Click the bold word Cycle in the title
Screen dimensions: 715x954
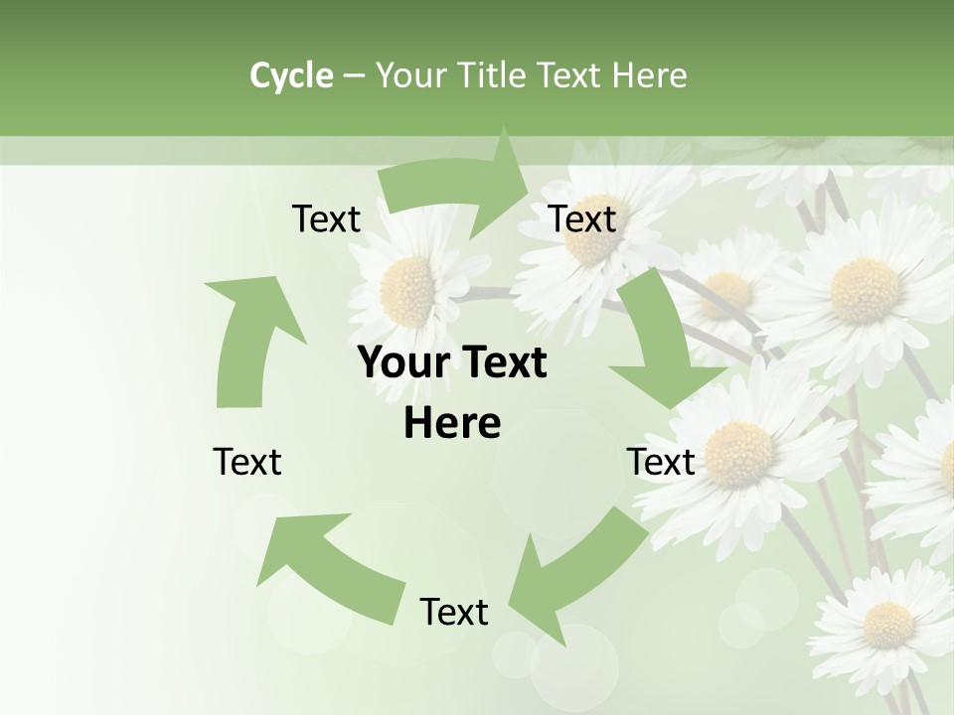point(291,75)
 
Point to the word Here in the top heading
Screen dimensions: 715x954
point(650,75)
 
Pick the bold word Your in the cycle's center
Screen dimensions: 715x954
point(401,362)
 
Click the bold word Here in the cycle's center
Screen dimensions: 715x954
point(452,423)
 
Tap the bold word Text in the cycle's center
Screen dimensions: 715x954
point(503,362)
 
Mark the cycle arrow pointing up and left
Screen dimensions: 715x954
point(328,561)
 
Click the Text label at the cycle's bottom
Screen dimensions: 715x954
point(454,612)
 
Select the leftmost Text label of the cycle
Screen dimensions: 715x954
point(247,462)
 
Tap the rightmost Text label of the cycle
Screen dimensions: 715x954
point(661,462)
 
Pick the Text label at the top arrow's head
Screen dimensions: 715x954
point(582,218)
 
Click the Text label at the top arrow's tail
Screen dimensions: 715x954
point(326,218)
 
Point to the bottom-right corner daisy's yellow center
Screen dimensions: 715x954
point(887,624)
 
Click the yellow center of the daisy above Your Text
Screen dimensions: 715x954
point(408,291)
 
